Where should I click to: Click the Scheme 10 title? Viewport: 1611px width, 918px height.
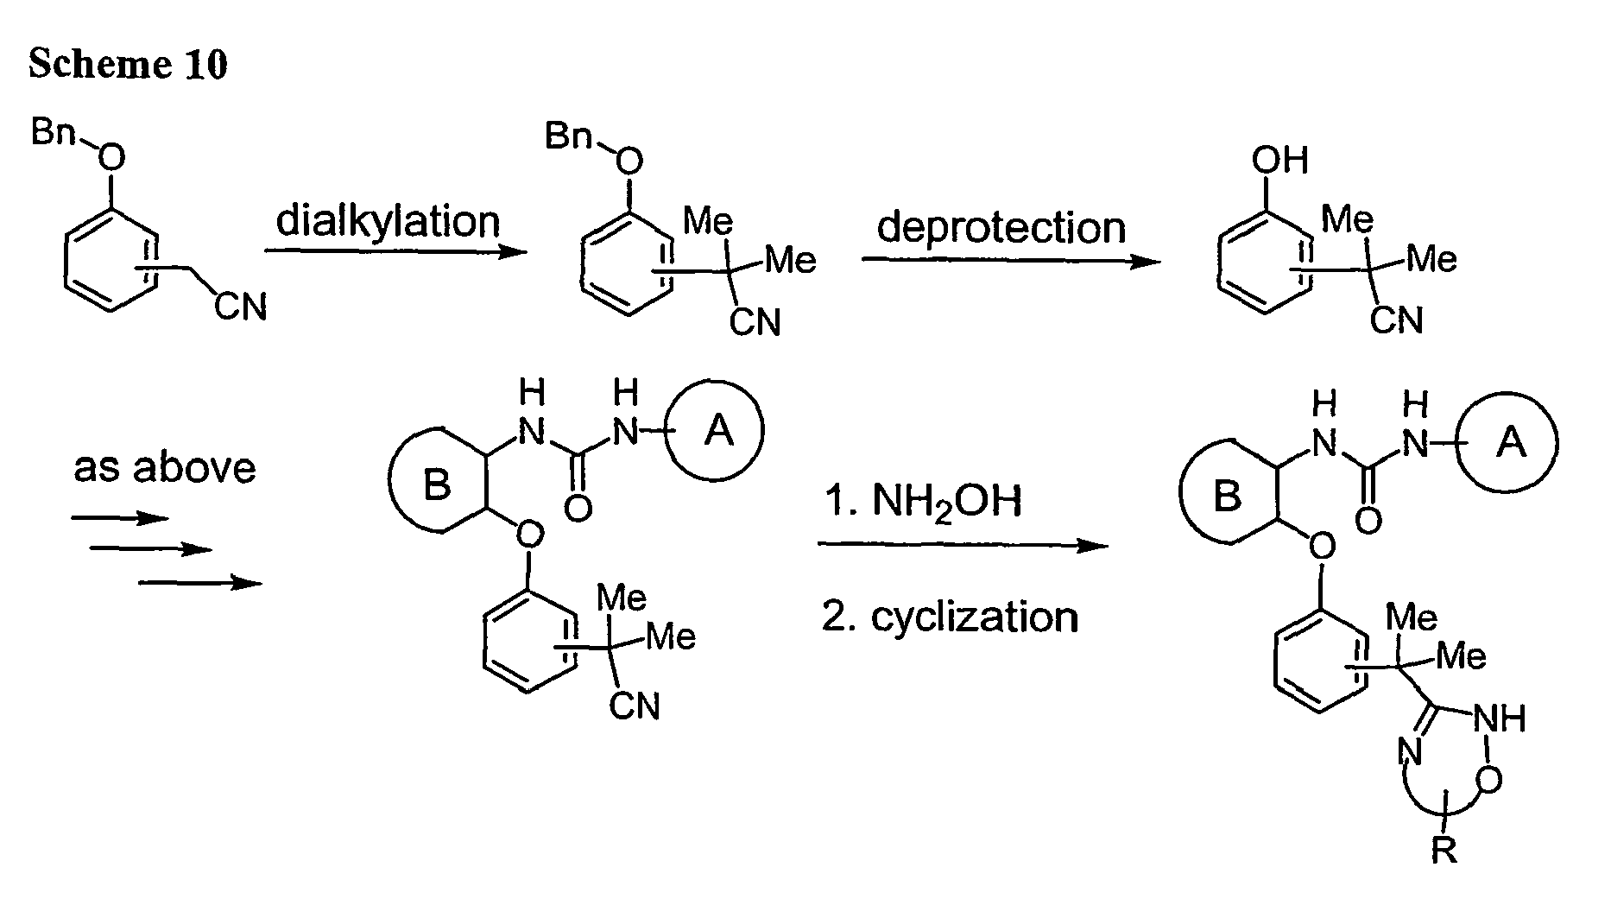[128, 64]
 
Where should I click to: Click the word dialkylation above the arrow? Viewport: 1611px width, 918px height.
[388, 221]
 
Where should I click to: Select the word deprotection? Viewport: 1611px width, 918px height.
[1001, 229]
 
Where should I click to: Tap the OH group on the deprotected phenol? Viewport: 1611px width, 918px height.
[1279, 161]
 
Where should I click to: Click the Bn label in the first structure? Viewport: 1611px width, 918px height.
[53, 133]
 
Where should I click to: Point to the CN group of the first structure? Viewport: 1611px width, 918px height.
[241, 306]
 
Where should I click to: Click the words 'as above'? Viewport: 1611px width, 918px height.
[165, 468]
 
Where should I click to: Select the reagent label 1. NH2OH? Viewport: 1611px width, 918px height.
[922, 501]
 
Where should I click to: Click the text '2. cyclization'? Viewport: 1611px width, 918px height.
[950, 617]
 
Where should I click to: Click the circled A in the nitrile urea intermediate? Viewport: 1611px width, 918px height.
[716, 430]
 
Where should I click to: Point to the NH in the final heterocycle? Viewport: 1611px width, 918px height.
[1500, 719]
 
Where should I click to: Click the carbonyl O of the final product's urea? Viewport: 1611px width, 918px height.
[1368, 521]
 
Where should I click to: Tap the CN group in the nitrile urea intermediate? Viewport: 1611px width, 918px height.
[635, 706]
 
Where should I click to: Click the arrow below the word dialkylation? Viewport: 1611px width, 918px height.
[395, 252]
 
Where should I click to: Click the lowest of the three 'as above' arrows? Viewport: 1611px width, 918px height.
[200, 584]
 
